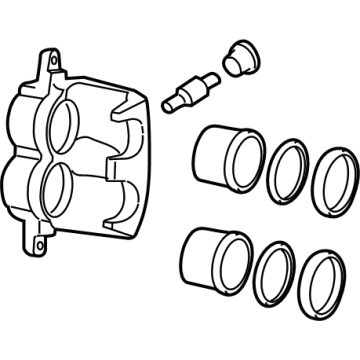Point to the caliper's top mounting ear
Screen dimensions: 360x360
(x=46, y=63)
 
